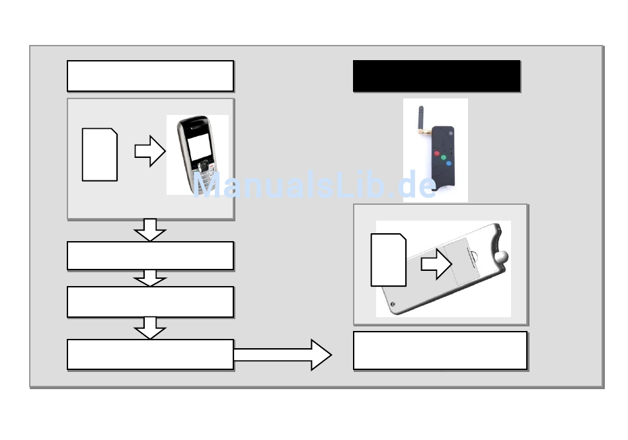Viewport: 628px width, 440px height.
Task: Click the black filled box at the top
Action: click(x=436, y=76)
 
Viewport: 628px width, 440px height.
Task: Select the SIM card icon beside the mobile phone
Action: click(x=100, y=155)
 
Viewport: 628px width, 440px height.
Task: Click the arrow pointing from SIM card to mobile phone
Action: click(x=149, y=151)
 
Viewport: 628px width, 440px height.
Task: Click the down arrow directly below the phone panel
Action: click(x=150, y=229)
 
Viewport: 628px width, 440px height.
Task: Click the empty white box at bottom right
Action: click(x=440, y=351)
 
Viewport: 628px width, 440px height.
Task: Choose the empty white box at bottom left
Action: click(x=150, y=355)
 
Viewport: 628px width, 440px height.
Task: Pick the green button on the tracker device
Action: click(x=444, y=159)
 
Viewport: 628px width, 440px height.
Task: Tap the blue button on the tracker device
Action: click(x=450, y=164)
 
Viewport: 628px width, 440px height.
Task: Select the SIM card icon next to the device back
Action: click(x=388, y=260)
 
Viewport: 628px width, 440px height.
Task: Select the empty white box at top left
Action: click(x=150, y=76)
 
